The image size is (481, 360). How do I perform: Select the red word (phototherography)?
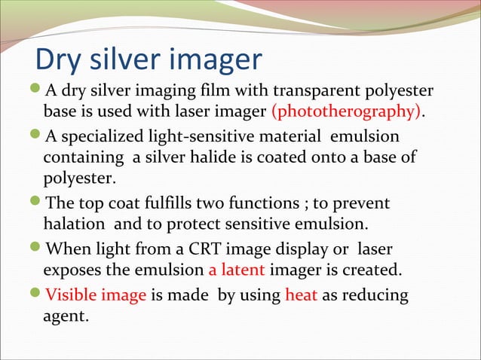(x=346, y=112)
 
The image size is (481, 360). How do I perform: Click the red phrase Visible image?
(x=96, y=294)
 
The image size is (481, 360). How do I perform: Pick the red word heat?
(x=302, y=294)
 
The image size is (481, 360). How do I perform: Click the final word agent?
(x=66, y=316)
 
